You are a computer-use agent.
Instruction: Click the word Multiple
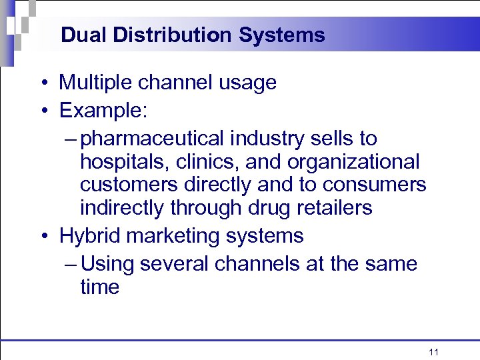(x=97, y=83)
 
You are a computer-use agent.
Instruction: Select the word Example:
(x=101, y=110)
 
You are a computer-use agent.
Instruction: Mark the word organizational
(x=355, y=162)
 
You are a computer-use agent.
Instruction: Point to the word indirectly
(x=123, y=208)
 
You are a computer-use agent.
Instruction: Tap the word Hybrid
(x=86, y=236)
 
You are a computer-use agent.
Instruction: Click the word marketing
(x=171, y=237)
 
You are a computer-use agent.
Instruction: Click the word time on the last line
(x=99, y=287)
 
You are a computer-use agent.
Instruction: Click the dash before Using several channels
(x=73, y=265)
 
